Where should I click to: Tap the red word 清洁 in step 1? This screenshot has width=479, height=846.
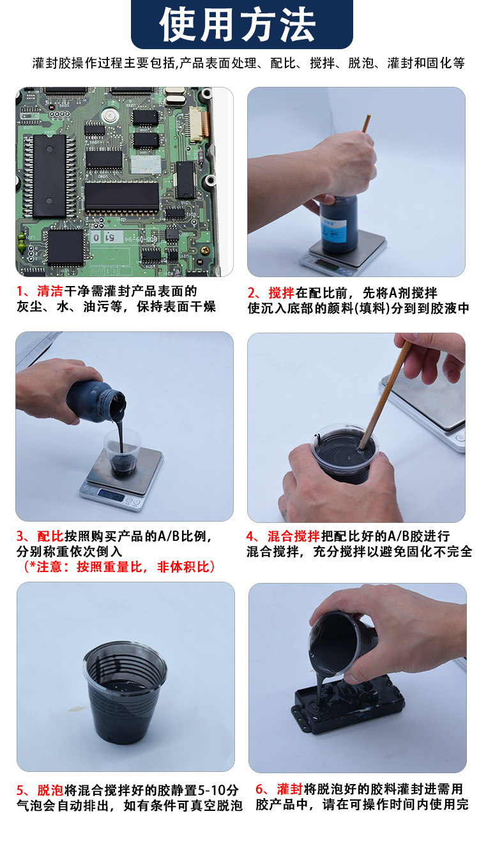50,291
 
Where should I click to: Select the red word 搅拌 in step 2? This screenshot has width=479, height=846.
282,292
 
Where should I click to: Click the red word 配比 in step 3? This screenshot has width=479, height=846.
50,536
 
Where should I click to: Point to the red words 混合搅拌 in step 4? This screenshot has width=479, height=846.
294,536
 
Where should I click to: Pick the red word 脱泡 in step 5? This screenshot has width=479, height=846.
50,790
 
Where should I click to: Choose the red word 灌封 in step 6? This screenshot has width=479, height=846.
290,789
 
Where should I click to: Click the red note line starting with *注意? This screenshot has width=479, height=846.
119,567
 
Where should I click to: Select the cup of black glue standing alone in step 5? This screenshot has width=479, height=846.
125,693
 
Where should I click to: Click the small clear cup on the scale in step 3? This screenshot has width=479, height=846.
122,453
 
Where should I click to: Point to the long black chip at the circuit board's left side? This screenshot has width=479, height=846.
49,176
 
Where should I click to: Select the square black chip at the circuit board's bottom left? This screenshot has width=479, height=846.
65,246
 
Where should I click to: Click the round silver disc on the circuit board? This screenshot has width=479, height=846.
109,115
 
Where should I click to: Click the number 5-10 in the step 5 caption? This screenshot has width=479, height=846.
212,790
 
